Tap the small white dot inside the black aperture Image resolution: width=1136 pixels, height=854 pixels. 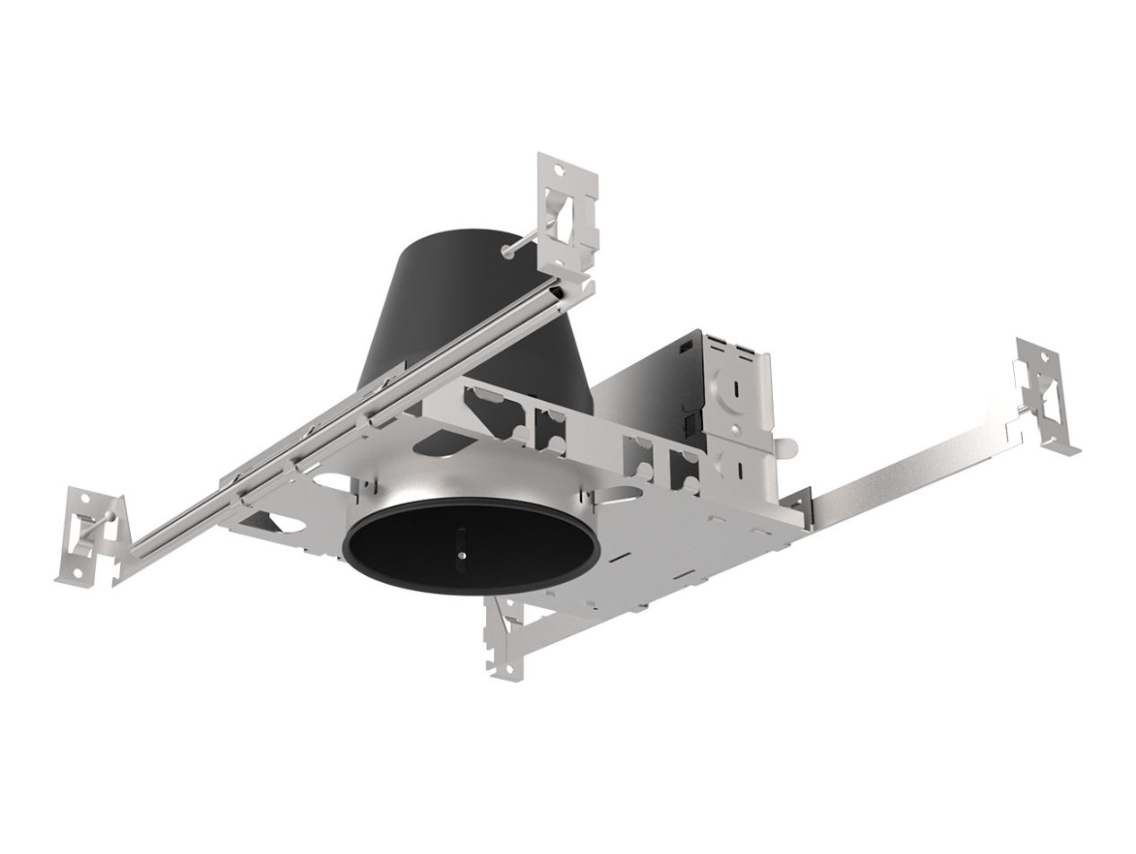coord(461,557)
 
